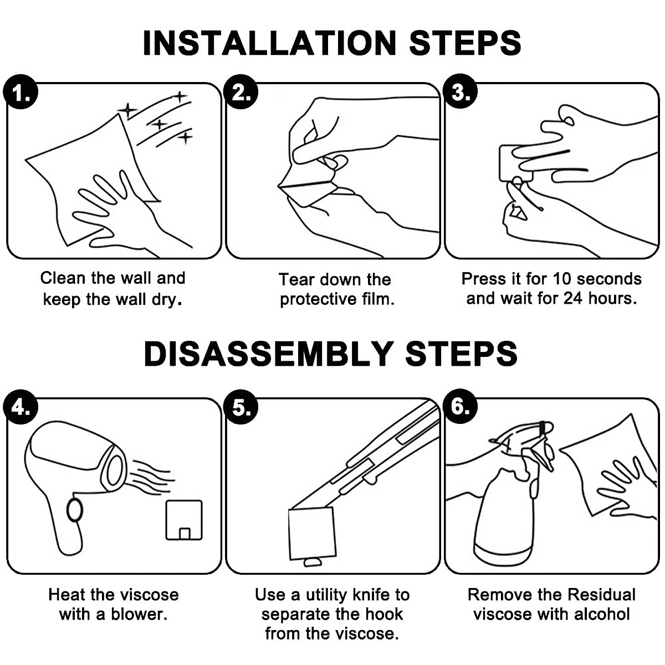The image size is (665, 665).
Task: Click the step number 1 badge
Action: click(x=21, y=92)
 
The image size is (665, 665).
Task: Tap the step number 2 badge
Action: click(x=241, y=92)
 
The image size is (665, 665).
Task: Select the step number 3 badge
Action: click(x=461, y=91)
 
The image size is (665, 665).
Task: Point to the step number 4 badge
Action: click(x=21, y=407)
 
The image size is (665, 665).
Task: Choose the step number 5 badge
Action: click(x=241, y=407)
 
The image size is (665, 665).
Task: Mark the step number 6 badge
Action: click(x=461, y=406)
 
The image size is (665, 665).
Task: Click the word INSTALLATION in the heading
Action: click(x=269, y=43)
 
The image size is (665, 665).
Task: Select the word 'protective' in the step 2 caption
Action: click(x=318, y=300)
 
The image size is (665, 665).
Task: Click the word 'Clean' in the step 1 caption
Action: click(x=63, y=278)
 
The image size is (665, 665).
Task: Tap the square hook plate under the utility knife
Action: click(x=312, y=533)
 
